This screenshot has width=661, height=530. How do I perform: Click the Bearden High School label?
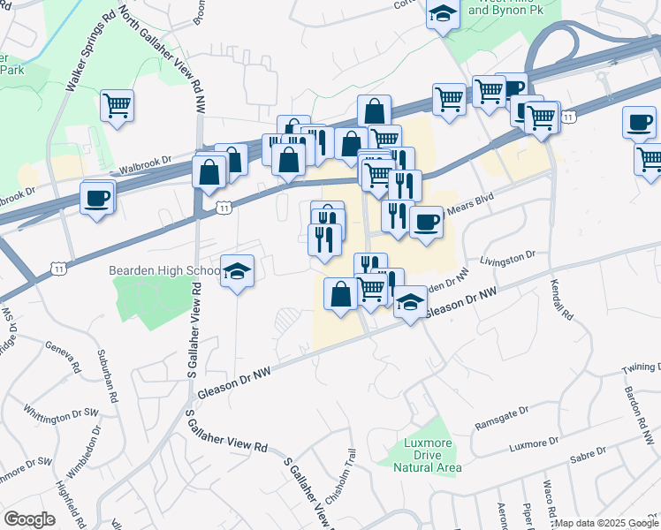point(165,269)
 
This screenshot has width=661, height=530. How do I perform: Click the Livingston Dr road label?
point(508,257)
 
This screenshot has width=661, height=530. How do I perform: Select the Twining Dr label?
point(640,367)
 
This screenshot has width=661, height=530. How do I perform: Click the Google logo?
point(29,519)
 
